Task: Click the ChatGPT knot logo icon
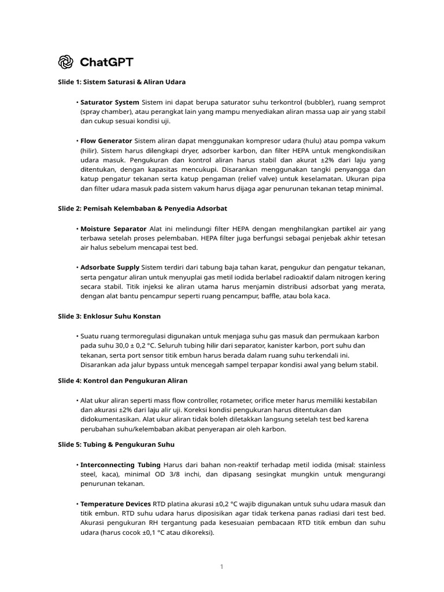pos(66,62)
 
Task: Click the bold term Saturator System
pos(110,102)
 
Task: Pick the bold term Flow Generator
pos(106,140)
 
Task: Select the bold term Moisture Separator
pos(113,229)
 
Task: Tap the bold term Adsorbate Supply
pos(110,267)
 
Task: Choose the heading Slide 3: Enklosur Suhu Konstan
pos(109,316)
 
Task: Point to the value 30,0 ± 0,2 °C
pos(128,346)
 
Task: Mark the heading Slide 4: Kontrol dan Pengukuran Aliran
pos(123,381)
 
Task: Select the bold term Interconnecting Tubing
pos(121,465)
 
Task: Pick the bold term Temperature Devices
pos(115,504)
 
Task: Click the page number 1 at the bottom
pos(221,566)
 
